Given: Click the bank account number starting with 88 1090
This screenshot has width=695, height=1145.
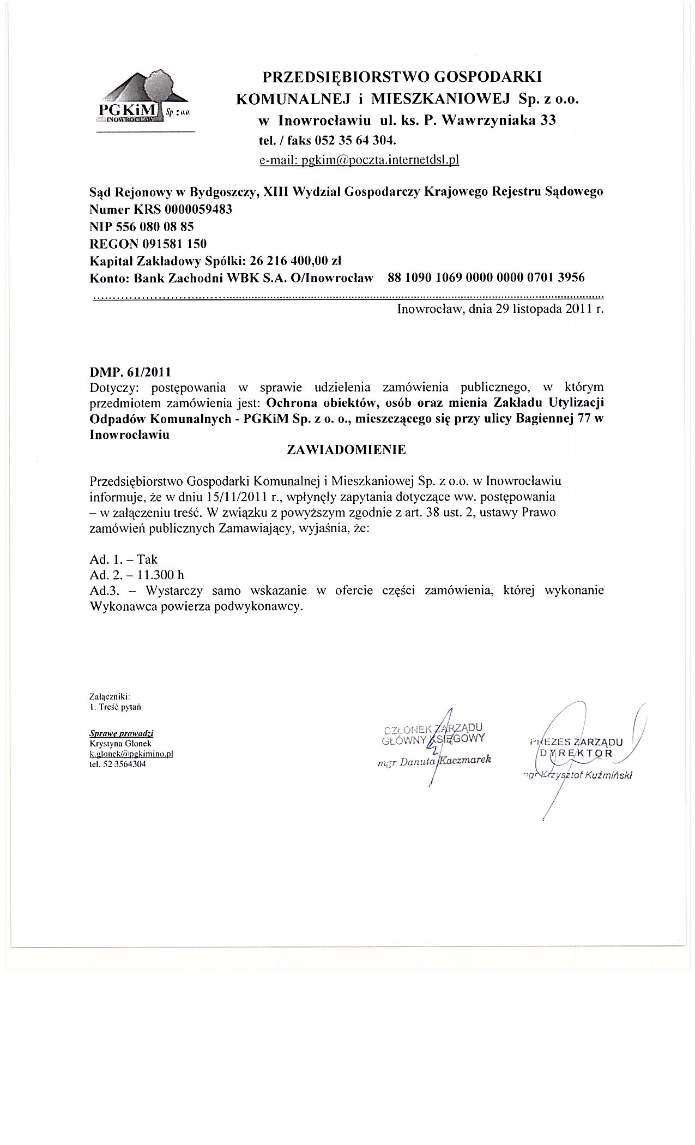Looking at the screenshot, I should click(x=486, y=278).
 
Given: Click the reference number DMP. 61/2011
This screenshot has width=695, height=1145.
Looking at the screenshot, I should click(x=130, y=372).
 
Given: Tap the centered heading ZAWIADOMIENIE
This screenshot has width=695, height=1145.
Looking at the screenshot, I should click(x=347, y=450).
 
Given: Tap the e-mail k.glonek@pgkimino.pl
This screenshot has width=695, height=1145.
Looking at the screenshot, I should click(x=131, y=754).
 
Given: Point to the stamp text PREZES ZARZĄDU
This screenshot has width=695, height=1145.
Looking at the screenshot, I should click(x=576, y=742).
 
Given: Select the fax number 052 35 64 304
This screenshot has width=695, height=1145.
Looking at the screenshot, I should click(x=355, y=140).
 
